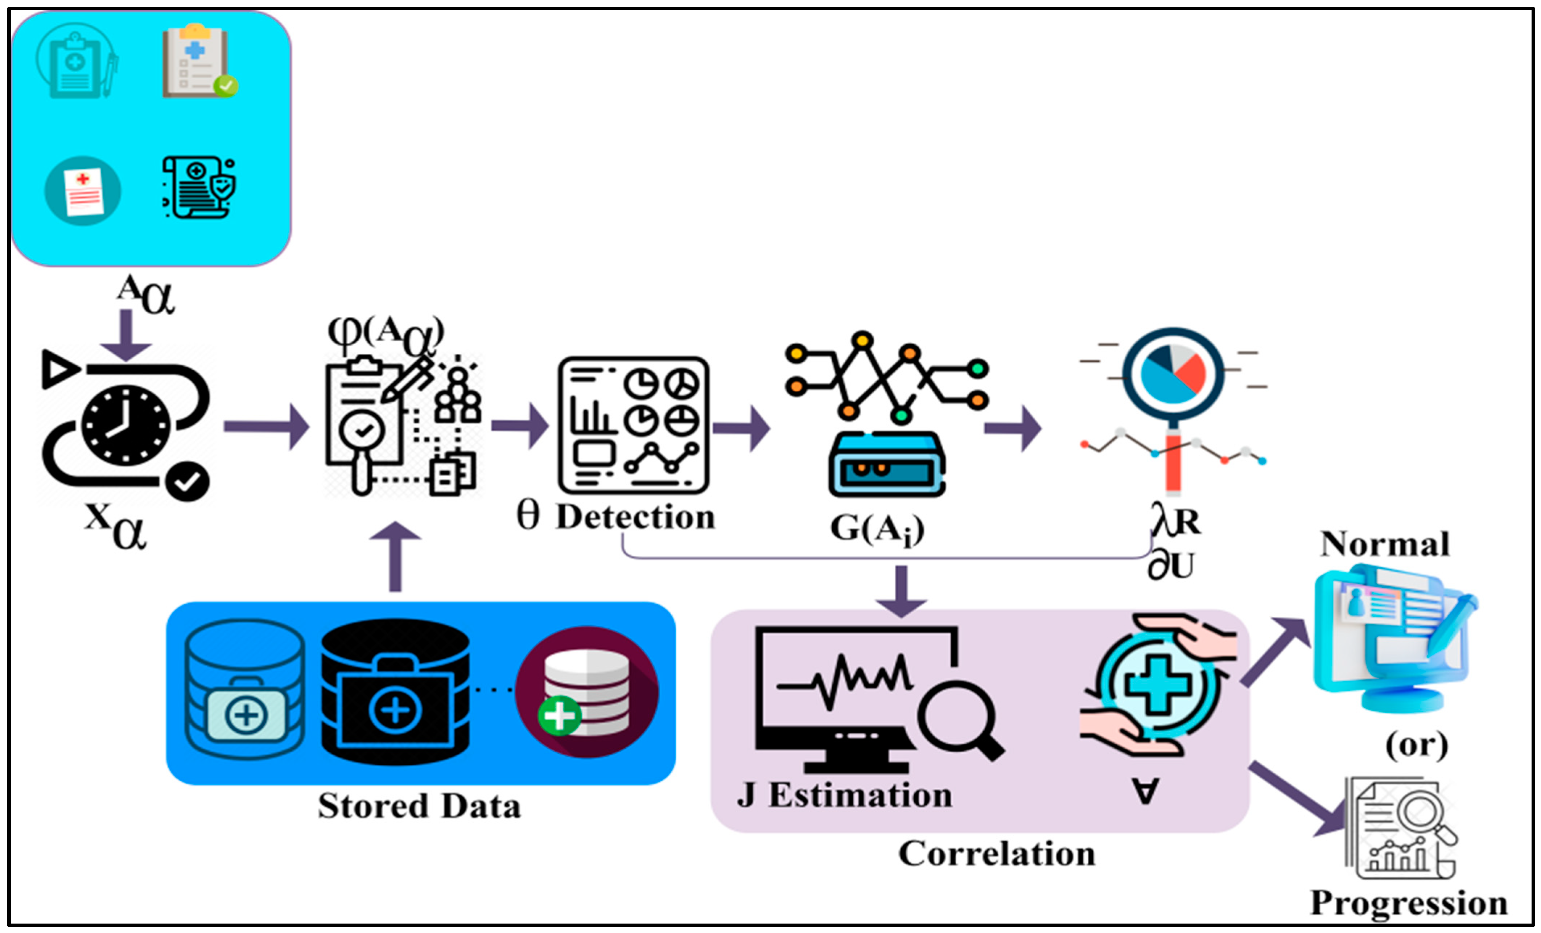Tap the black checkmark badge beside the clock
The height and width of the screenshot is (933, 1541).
[x=188, y=481]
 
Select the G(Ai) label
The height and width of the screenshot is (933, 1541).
[x=877, y=529]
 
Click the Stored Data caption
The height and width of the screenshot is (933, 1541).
[x=419, y=806]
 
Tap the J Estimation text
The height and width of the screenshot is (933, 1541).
[x=844, y=796]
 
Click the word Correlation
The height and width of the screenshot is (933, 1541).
[x=997, y=854]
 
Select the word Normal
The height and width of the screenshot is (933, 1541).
[x=1385, y=544]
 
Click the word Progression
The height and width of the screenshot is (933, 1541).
[x=1408, y=903]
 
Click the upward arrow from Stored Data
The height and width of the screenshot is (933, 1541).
[x=395, y=556]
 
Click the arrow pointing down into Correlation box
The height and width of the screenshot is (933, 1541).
[x=901, y=591]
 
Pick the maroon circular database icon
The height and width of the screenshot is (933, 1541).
[x=587, y=692]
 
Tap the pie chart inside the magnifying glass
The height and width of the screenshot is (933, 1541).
[x=1173, y=373]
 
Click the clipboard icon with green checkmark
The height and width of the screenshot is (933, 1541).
[x=199, y=62]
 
